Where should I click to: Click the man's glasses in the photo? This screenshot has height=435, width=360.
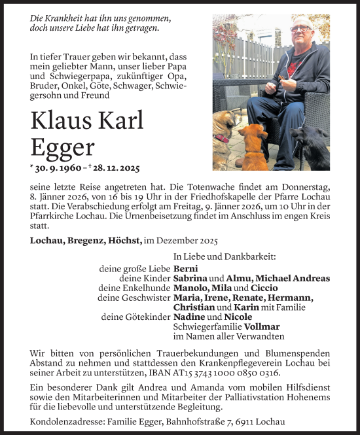tap(301, 29)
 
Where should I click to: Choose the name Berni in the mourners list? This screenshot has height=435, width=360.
tap(186, 269)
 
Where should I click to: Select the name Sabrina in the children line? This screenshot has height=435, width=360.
tap(193, 279)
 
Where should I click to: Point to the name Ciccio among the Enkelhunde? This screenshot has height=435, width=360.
tap(264, 288)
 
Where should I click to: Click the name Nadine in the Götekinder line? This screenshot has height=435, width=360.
tap(190, 317)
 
